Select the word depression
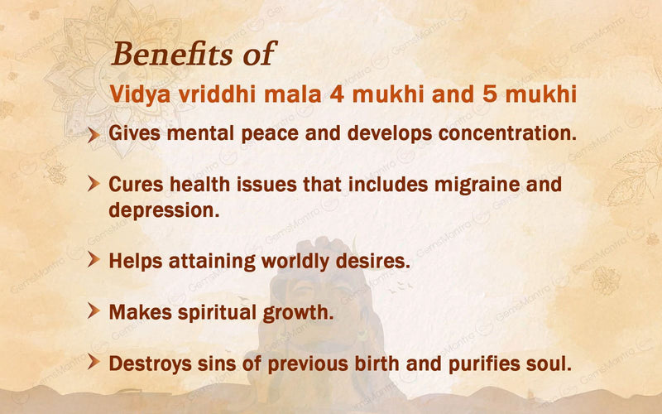coord(163,210)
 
